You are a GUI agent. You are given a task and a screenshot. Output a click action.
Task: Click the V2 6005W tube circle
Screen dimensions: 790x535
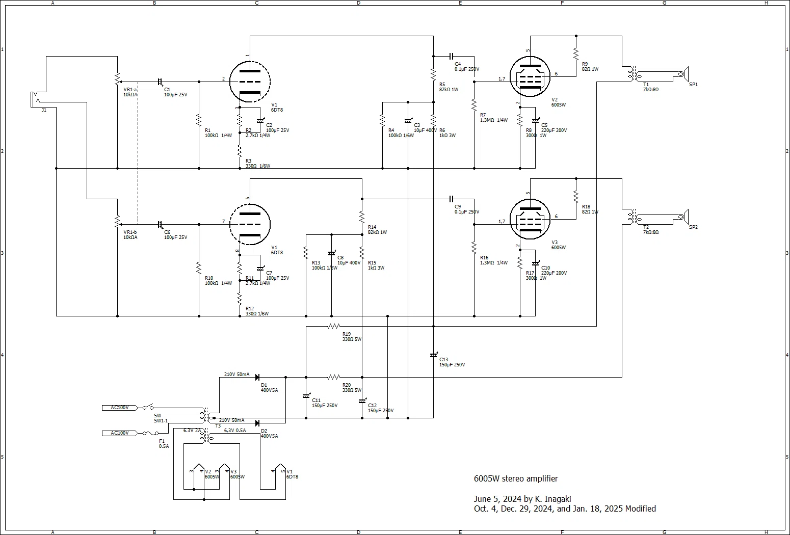[530, 76]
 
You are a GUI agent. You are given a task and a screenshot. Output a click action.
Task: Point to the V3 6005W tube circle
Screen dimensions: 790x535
[530, 220]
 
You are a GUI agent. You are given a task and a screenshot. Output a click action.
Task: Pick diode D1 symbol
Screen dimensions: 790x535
[257, 378]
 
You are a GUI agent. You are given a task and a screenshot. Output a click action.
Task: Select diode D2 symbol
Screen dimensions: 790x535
[257, 423]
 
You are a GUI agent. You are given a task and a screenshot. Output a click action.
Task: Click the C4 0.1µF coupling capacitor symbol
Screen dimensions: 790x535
[451, 56]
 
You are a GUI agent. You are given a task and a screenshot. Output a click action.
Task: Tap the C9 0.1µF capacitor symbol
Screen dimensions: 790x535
[451, 199]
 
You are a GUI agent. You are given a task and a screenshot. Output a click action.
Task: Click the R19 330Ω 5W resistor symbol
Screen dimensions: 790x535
[334, 326]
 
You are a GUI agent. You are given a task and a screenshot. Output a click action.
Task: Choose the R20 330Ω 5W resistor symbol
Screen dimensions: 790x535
[334, 378]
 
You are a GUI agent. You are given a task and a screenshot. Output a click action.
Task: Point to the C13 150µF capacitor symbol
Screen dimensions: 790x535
[434, 355]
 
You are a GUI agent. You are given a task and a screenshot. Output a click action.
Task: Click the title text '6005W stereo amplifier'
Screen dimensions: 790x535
[516, 478]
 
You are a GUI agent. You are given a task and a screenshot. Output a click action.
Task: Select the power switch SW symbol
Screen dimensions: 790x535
[148, 407]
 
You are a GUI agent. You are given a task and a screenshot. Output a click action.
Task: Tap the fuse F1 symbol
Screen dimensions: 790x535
[150, 433]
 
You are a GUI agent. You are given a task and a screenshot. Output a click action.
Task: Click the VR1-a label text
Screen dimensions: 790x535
[130, 90]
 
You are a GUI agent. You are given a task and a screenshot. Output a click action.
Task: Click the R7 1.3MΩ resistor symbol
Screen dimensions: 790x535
[475, 105]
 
